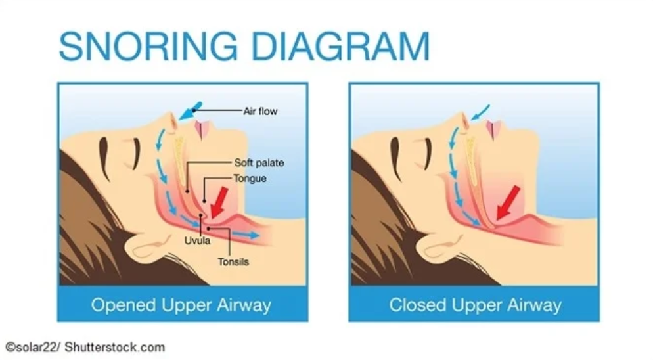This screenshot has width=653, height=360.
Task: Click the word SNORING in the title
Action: [150, 47]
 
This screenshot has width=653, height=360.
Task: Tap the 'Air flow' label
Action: [260, 111]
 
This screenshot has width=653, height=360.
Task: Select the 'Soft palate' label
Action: [259, 162]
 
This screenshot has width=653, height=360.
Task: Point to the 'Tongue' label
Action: [250, 178]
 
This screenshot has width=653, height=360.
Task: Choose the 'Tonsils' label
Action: [233, 261]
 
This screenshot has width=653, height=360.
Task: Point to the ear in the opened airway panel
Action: [145, 248]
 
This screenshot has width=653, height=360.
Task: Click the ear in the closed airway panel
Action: [437, 248]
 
